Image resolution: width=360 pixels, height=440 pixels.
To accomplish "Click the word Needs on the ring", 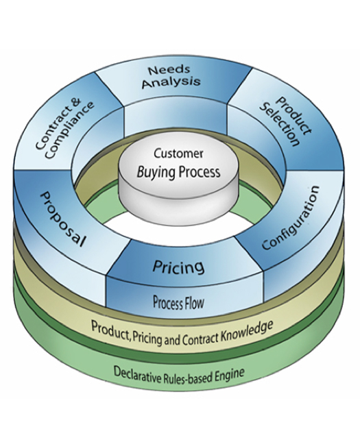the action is pos(169,70).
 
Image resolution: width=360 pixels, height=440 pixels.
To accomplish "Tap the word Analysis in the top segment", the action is pos(171,82).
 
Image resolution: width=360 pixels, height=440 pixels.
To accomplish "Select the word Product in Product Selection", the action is pos(293,116).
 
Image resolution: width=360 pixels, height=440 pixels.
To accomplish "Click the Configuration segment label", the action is pos(291,217).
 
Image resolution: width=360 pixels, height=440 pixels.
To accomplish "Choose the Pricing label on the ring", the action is pos(178,267).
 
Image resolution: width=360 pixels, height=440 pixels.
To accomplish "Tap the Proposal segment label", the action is pos(62,219).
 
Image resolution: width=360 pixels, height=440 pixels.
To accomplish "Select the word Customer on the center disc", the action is pos(178,154).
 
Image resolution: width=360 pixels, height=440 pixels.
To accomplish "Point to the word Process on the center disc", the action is pos(200,171).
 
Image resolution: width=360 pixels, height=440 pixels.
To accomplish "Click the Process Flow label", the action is pos(178,303).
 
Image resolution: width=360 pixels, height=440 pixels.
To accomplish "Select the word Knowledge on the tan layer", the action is pos(246,330).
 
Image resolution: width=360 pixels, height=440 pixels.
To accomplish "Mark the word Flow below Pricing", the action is pos(193,304).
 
